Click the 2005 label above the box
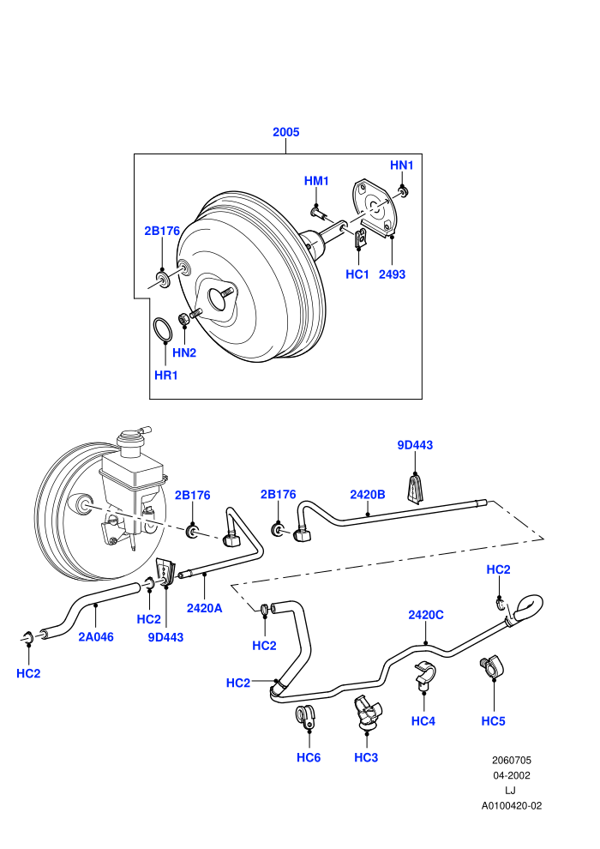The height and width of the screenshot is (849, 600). (x=285, y=131)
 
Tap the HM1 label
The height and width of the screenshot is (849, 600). (x=316, y=181)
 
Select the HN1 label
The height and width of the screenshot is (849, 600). (x=401, y=166)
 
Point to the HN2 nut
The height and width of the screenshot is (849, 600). (x=184, y=320)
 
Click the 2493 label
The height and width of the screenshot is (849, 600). (x=392, y=274)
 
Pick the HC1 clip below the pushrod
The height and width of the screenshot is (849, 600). (x=358, y=238)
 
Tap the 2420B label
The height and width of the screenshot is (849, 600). (x=368, y=494)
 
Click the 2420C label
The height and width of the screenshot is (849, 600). (x=426, y=615)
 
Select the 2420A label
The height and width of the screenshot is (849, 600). (x=205, y=608)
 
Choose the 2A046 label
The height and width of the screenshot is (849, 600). (x=96, y=636)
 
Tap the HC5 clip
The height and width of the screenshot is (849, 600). (x=490, y=666)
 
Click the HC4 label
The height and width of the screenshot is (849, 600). (x=423, y=720)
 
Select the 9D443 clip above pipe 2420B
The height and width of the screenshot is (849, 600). (x=415, y=487)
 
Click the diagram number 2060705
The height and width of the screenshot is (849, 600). (x=511, y=760)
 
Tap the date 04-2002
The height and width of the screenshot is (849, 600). (x=511, y=775)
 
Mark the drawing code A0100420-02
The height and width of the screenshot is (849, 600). (x=511, y=805)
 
